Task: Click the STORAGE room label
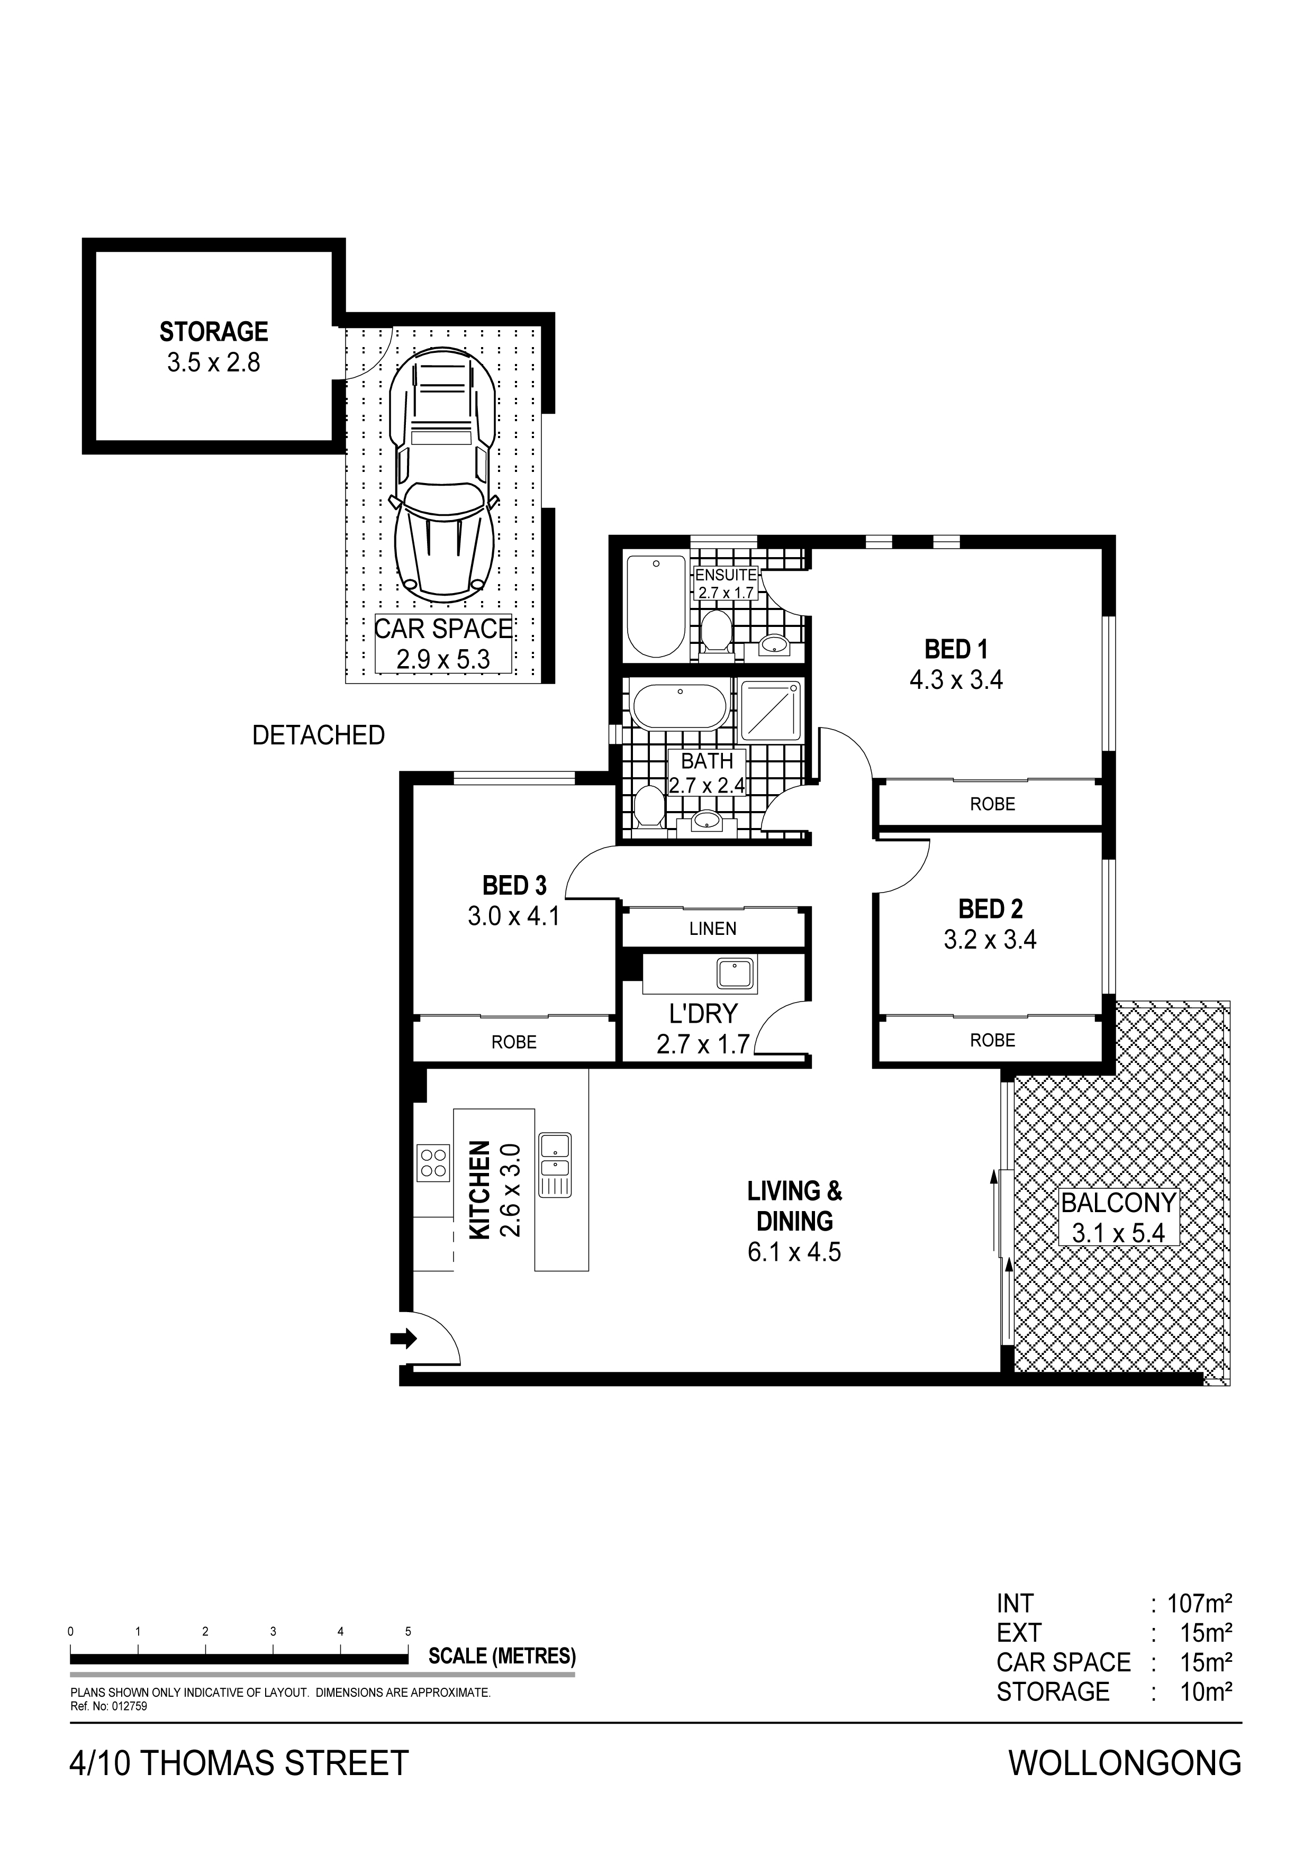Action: coord(213,332)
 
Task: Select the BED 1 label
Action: coord(956,649)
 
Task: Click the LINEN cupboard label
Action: coord(713,929)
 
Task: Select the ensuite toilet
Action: coord(714,631)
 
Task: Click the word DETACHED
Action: coord(319,735)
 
